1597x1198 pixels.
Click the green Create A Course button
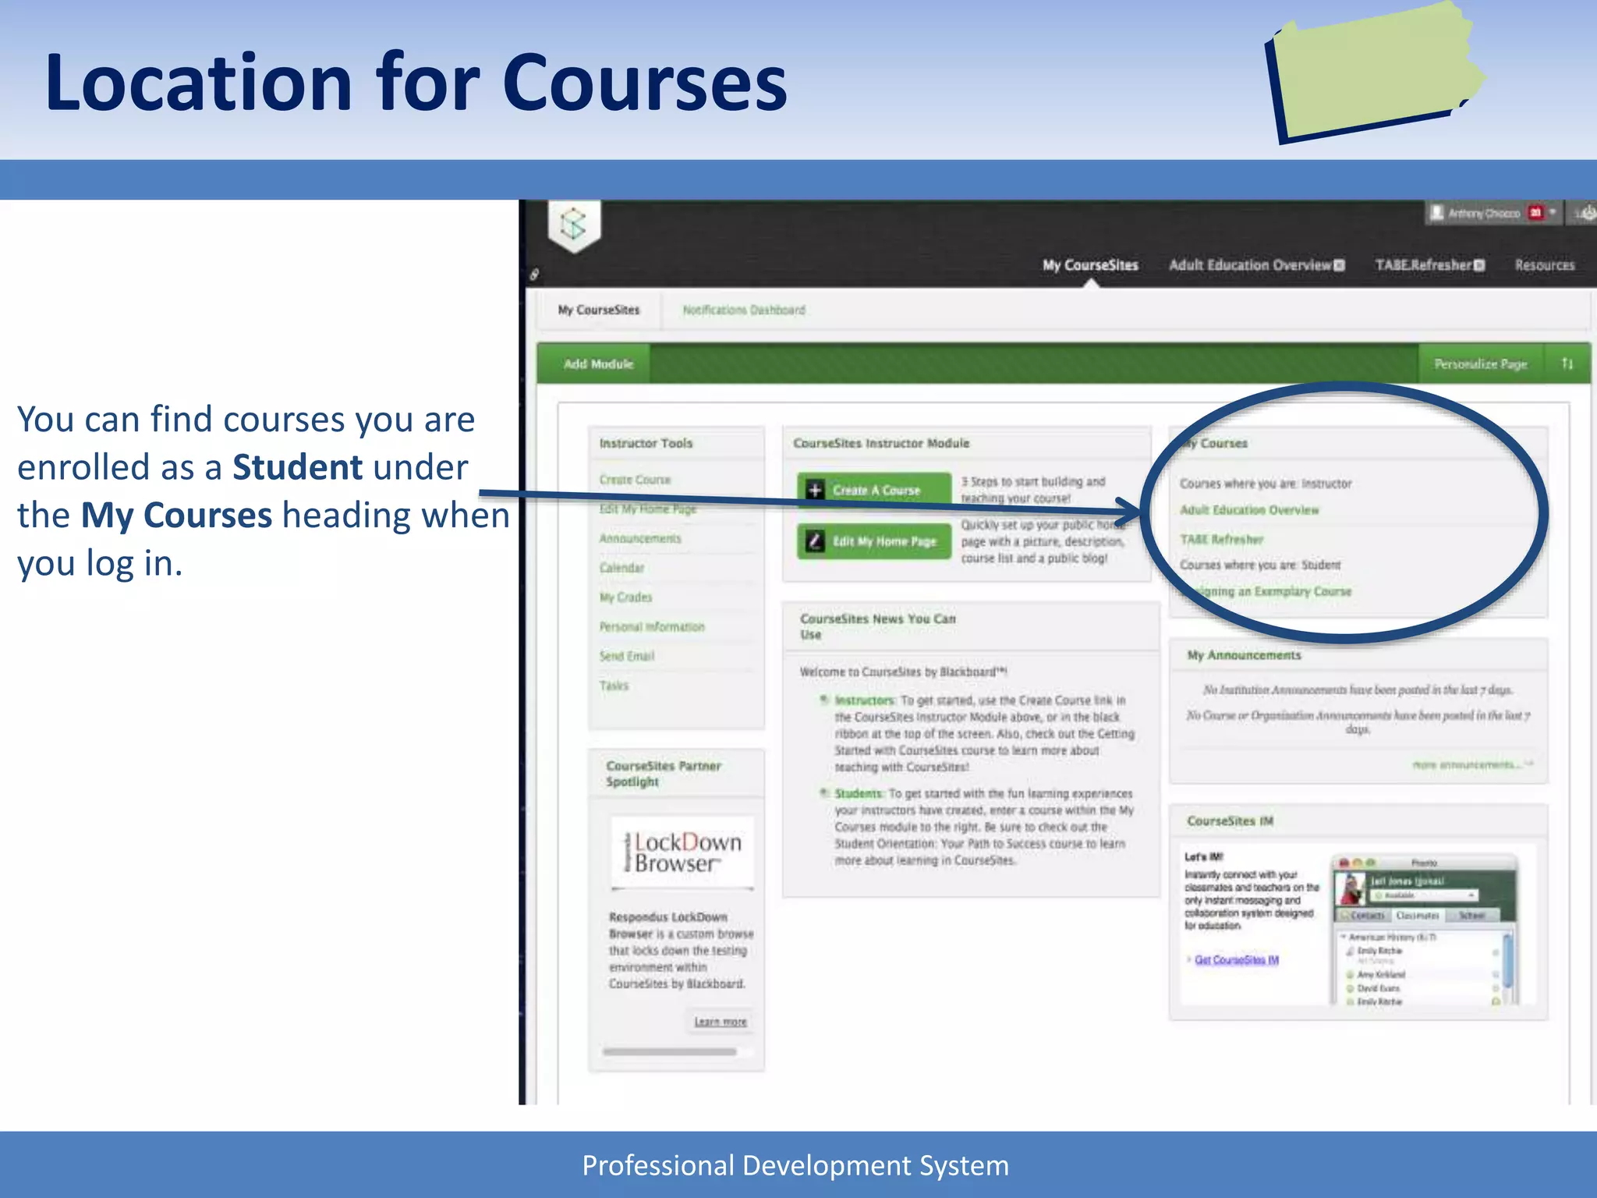pos(874,491)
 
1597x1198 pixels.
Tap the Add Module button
pos(598,364)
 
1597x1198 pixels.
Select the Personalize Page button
pos(1480,364)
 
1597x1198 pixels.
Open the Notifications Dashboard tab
pos(744,310)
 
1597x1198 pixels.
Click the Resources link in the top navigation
pos(1544,265)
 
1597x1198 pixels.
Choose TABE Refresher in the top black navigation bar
pos(1429,265)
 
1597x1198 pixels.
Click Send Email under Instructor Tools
pos(627,657)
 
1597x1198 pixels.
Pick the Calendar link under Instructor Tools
pos(621,568)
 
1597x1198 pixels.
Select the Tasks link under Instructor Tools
pos(614,686)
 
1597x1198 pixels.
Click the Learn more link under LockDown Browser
pos(720,1022)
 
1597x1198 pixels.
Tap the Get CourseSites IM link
pos(1237,960)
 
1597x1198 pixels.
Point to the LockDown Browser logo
pos(682,852)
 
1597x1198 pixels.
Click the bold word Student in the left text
pos(297,468)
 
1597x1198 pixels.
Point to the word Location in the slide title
pos(199,83)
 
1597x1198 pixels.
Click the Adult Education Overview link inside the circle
pos(1249,510)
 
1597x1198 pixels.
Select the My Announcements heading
pos(1244,655)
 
